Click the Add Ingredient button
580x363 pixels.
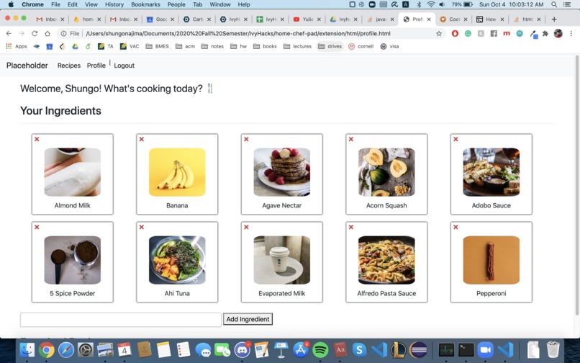tap(248, 319)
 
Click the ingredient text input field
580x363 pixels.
tap(120, 319)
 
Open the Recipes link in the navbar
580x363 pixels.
tap(69, 66)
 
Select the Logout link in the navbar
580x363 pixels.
tap(124, 66)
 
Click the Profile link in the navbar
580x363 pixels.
tap(96, 66)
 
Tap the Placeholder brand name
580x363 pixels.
tap(27, 66)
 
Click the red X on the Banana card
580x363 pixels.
tap(142, 140)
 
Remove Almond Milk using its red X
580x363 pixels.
tap(37, 140)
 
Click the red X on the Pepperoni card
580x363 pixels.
tap(456, 228)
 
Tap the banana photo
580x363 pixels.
tap(177, 172)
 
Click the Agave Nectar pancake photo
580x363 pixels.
tap(281, 172)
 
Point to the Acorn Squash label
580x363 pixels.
tap(386, 205)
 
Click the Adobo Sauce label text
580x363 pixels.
tap(491, 205)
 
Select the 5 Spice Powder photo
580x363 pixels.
tap(72, 260)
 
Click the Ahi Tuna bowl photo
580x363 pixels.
tap(177, 260)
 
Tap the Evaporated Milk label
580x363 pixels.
tap(281, 293)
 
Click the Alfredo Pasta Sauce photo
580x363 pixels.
tap(386, 260)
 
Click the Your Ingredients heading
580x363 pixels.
tap(60, 111)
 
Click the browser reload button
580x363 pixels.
tap(35, 33)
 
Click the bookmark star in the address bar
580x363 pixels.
tap(439, 33)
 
